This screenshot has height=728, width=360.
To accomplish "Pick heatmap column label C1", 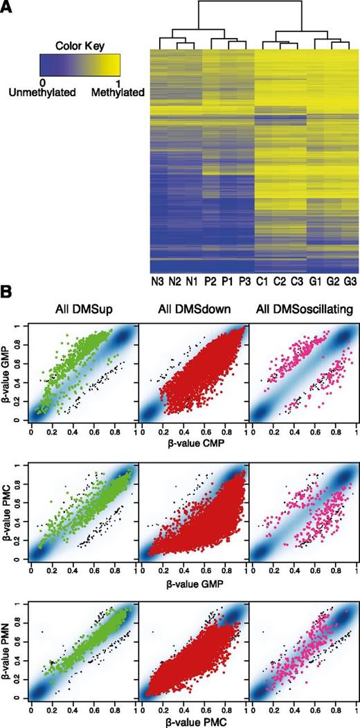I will coord(264,282).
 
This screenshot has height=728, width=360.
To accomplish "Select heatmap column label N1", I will coord(193,282).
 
